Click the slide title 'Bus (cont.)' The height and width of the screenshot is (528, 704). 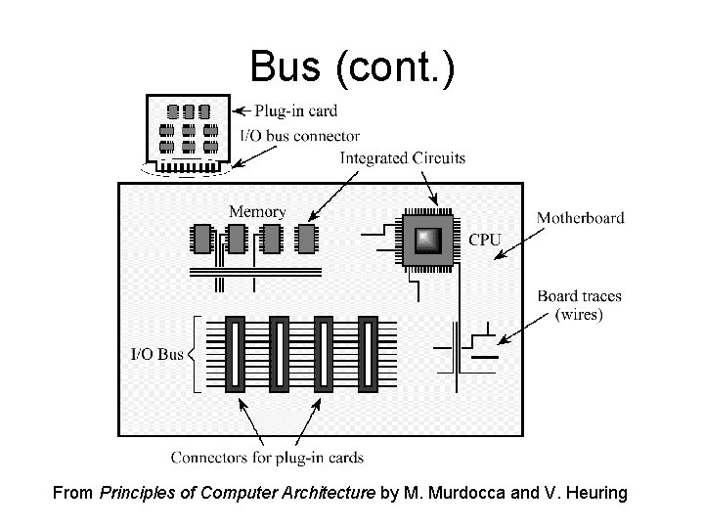point(352,66)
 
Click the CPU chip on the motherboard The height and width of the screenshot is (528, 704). point(426,239)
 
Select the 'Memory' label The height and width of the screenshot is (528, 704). point(257,211)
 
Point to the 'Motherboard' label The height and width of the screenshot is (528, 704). point(581,218)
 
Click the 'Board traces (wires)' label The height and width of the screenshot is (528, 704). point(580,305)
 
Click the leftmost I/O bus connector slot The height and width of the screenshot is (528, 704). point(235,354)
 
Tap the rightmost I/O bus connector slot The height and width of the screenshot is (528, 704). point(367,354)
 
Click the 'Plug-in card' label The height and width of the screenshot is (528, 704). point(295,110)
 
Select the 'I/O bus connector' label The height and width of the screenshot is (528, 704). point(299,136)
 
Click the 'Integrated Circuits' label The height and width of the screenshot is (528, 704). point(402,157)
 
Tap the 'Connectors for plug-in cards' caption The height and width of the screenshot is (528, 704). point(267,457)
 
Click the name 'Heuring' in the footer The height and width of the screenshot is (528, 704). point(592,494)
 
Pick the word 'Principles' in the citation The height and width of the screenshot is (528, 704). point(135,494)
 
